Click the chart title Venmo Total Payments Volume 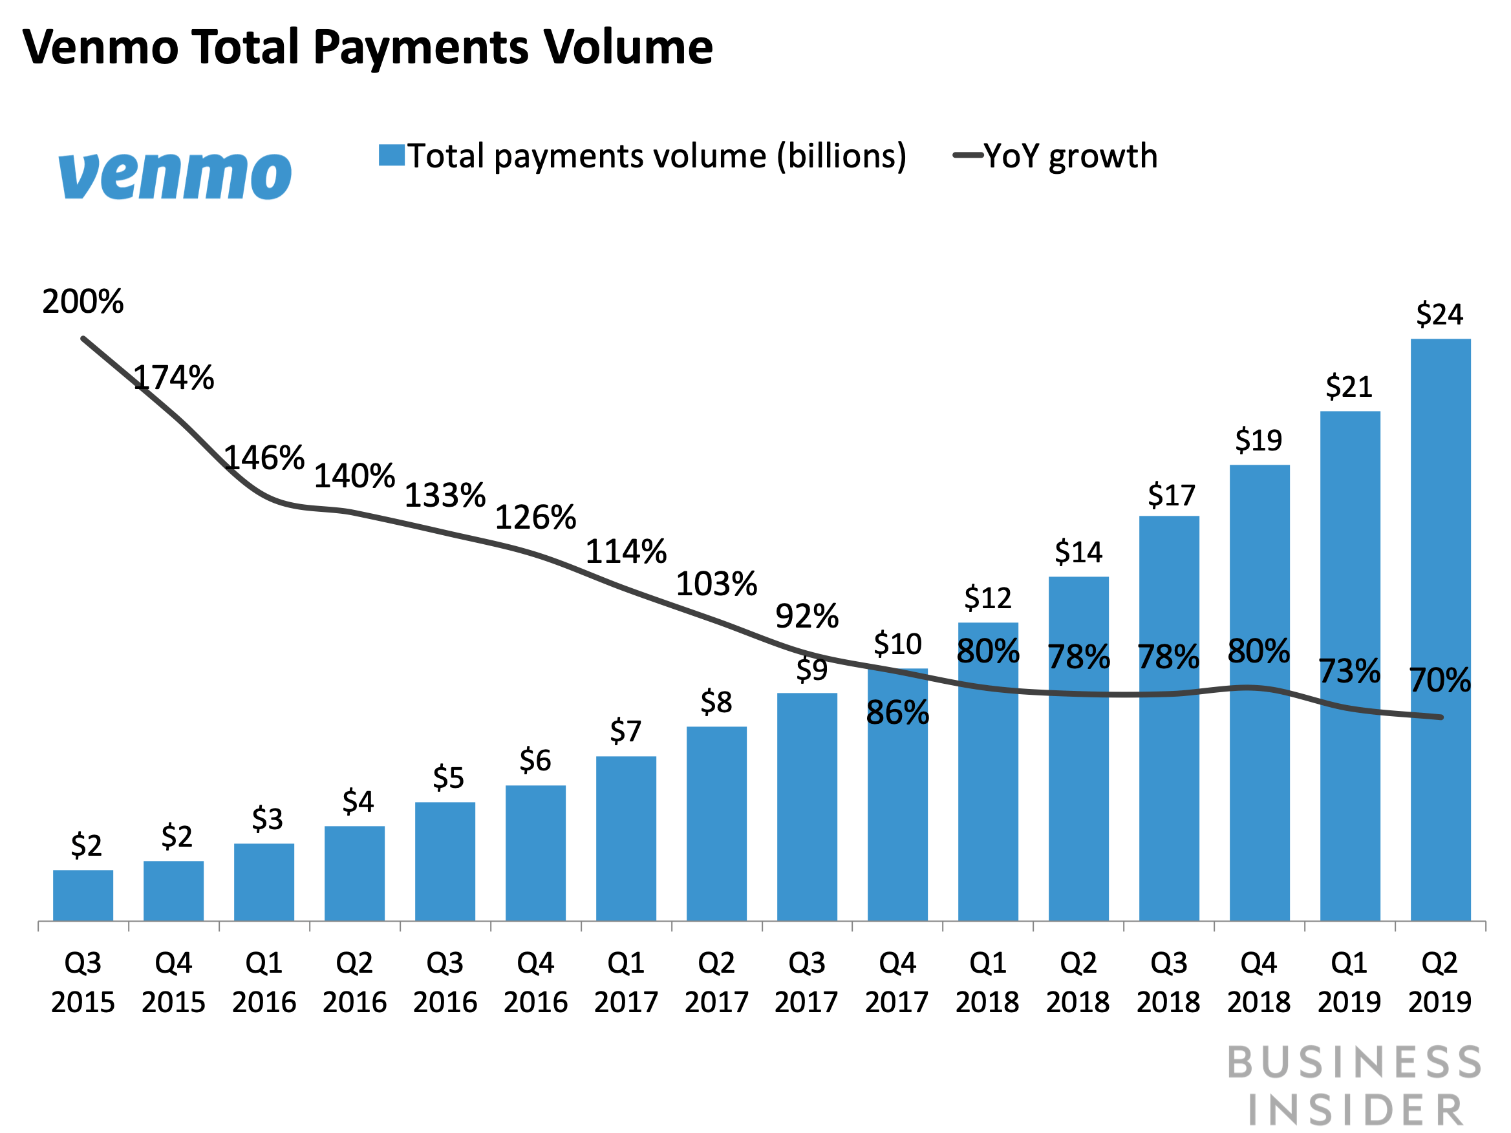click(367, 48)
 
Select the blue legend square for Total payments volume click(391, 155)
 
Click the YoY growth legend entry click(1055, 156)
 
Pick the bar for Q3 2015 click(83, 895)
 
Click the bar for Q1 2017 click(626, 838)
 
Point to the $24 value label click(1439, 315)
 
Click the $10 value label click(897, 644)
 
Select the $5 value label click(448, 778)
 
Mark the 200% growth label click(83, 302)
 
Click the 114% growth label click(626, 552)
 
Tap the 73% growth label click(1349, 672)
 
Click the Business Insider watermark click(1355, 1085)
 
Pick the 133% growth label click(445, 496)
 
